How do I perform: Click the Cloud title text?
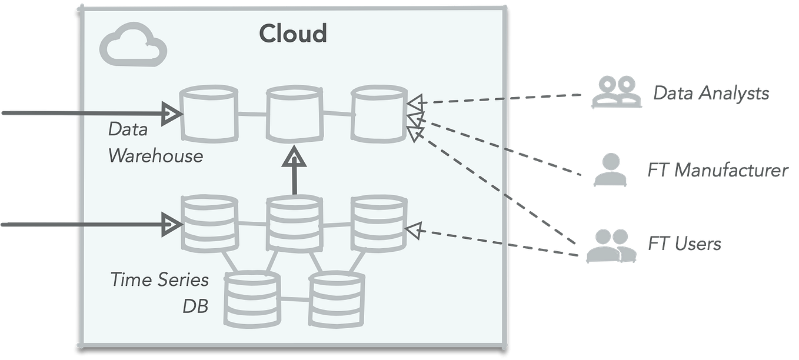coord(293,34)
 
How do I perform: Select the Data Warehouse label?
coord(155,142)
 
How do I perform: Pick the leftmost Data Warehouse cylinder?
coord(208,114)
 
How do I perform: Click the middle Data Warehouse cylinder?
coord(294,114)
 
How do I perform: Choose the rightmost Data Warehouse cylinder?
coord(379,114)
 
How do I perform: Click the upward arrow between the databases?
coord(294,171)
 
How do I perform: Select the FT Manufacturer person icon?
coord(606,170)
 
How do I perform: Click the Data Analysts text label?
coord(711,93)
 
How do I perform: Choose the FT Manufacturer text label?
coord(717,170)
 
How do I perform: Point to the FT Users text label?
coord(684,243)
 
